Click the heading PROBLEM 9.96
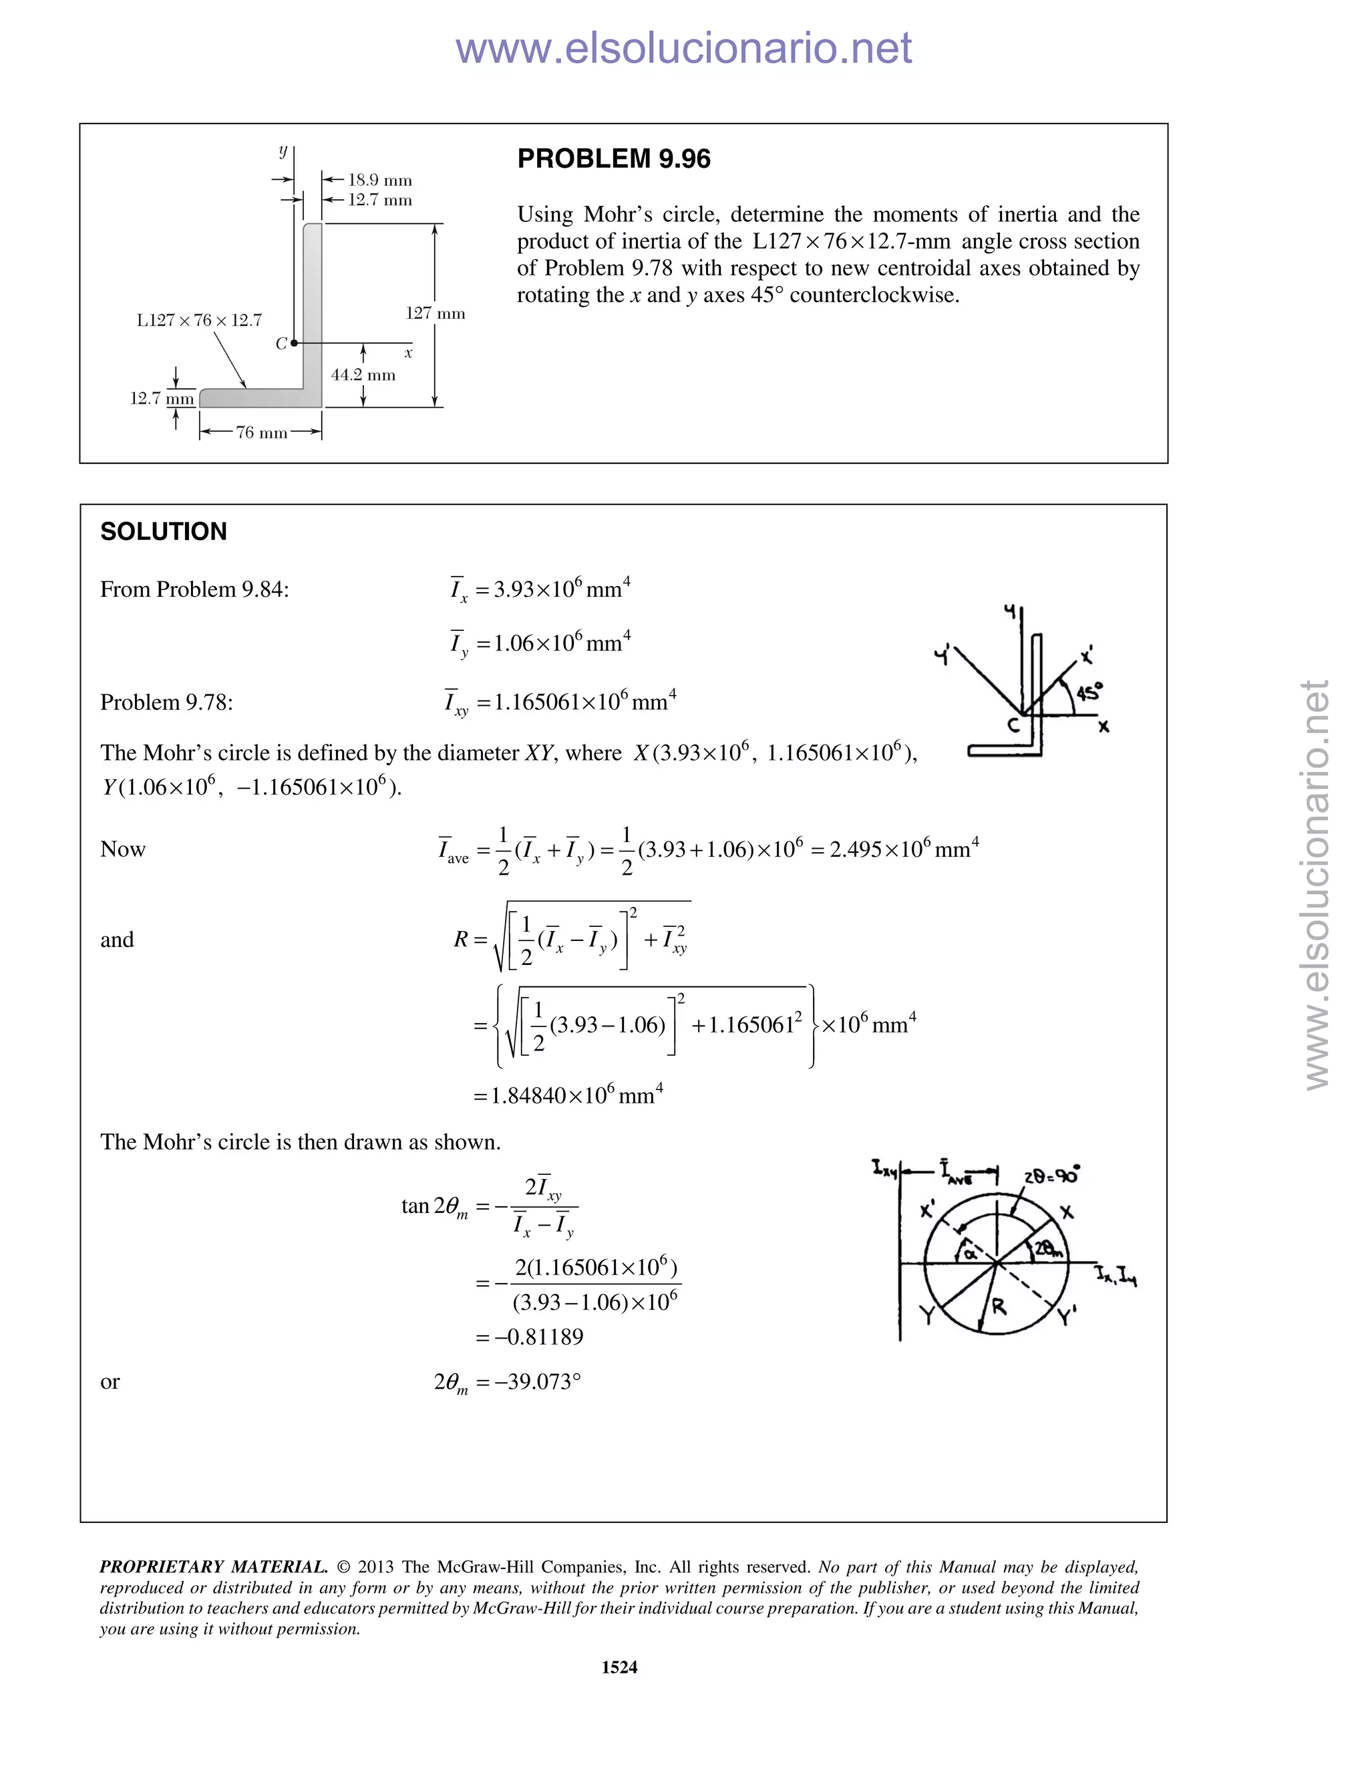coord(613,159)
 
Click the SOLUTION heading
coord(164,532)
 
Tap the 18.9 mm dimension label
coord(379,180)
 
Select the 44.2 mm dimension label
coord(363,375)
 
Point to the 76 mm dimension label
coord(261,433)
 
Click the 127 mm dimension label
coord(436,313)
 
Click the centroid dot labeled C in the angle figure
coord(294,343)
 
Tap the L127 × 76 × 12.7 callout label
coord(199,320)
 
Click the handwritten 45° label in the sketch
coord(1089,692)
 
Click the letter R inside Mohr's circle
coord(999,1307)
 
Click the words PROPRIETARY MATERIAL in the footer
coord(213,1566)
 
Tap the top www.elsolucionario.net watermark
coord(683,48)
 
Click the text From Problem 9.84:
coord(194,589)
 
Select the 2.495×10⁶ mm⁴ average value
coord(904,849)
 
